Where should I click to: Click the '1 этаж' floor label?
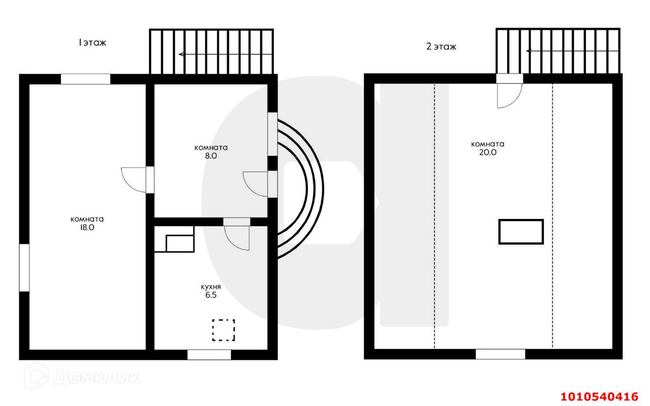[x=92, y=43]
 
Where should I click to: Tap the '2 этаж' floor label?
[x=441, y=47]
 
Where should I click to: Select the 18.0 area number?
[x=87, y=228]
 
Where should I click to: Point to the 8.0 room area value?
[x=211, y=157]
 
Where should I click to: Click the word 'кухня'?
[x=211, y=287]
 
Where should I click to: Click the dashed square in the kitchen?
[x=223, y=330]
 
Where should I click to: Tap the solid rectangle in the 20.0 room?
[x=521, y=232]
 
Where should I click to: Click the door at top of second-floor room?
[x=509, y=95]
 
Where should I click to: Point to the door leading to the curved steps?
[x=256, y=183]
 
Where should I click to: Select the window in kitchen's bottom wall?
[x=209, y=355]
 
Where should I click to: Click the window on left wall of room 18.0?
[x=24, y=268]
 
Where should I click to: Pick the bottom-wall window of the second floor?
[x=500, y=354]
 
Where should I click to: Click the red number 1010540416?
[x=599, y=396]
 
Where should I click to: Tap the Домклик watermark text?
[x=96, y=378]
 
